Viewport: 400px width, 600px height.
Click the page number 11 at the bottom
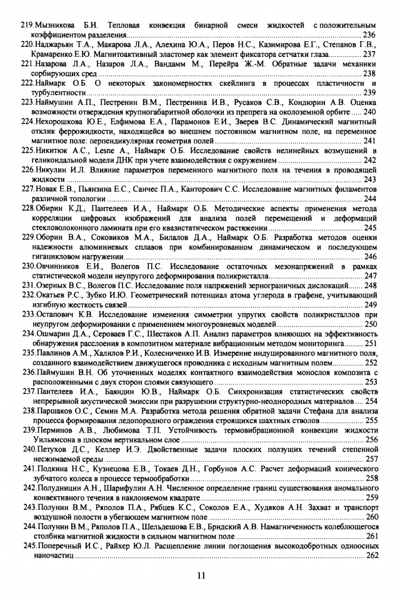tap(200, 576)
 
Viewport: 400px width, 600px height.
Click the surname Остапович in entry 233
tap(60, 315)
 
